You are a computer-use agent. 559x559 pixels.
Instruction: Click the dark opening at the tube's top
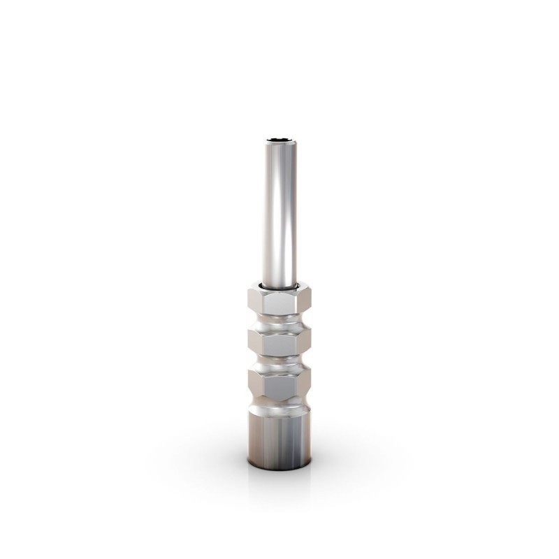tap(279, 140)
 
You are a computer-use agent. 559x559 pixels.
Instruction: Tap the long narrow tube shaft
tap(279, 210)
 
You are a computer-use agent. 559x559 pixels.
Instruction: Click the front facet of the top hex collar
tap(279, 302)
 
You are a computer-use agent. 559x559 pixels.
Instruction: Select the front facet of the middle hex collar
tap(279, 343)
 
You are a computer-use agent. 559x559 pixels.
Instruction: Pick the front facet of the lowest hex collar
tap(279, 385)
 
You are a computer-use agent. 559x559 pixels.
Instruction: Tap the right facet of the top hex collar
tap(305, 301)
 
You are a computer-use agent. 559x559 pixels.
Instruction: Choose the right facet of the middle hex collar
tap(305, 342)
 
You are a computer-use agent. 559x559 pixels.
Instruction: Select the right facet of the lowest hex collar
tap(305, 384)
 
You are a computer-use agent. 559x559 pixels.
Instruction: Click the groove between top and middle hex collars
tap(279, 322)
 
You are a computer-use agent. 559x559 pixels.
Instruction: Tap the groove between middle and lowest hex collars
tap(279, 363)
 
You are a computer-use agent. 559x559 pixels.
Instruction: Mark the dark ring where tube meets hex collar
tap(279, 287)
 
